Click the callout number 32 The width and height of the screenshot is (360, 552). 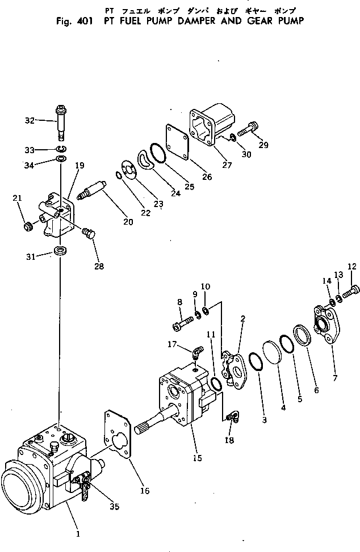coord(30,120)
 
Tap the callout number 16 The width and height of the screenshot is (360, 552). coord(145,491)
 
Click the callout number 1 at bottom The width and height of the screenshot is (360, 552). coord(78,533)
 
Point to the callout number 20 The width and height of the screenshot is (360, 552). coord(128,222)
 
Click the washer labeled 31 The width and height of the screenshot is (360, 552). coord(59,250)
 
